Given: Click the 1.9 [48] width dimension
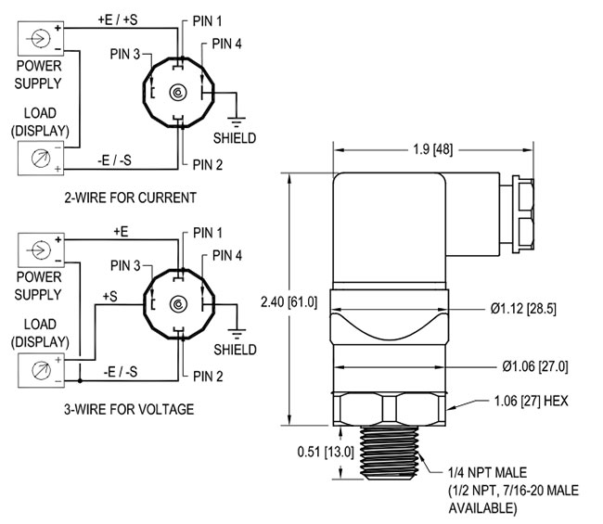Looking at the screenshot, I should (431, 149).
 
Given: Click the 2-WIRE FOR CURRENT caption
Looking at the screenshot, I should (130, 197).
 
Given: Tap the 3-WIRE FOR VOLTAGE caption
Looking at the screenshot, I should (129, 408).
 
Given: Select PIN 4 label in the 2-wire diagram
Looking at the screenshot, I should (227, 43).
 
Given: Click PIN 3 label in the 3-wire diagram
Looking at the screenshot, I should (125, 265).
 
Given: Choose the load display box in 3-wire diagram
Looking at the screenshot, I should (38, 369).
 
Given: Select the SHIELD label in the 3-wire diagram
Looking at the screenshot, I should (236, 350).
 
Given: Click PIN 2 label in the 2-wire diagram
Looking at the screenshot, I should (209, 164).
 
